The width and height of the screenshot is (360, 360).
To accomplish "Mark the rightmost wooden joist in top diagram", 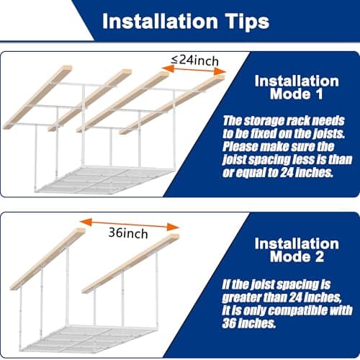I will coord(170,104).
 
